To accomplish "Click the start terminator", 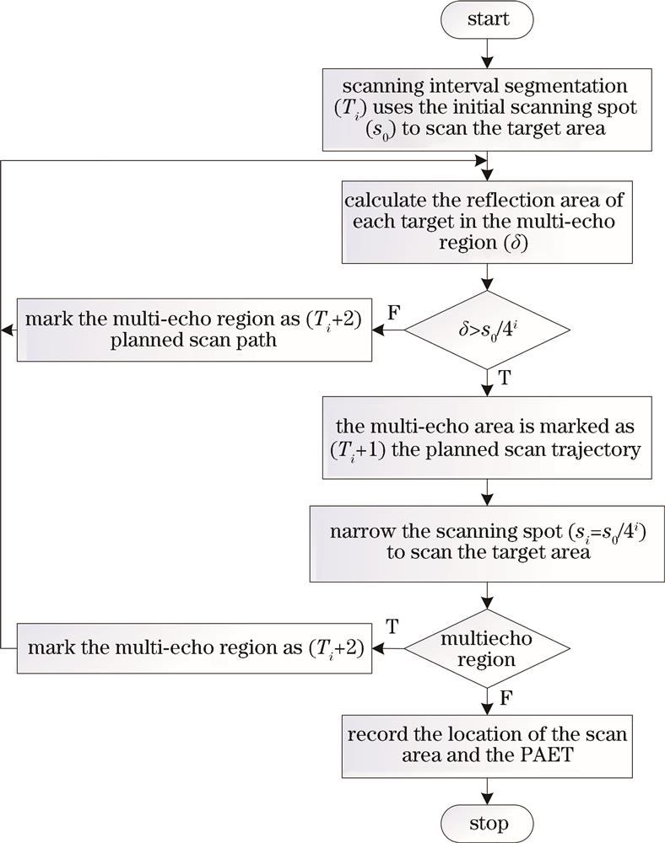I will click(x=485, y=18).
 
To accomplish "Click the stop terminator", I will click(x=485, y=822).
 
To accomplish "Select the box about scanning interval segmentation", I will click(x=485, y=109).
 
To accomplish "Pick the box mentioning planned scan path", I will click(x=195, y=329).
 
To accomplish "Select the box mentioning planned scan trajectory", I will click(x=485, y=438).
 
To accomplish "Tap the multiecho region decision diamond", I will click(x=485, y=647).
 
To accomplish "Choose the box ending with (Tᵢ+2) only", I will click(x=195, y=647).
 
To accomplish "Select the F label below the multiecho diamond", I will click(x=505, y=697).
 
